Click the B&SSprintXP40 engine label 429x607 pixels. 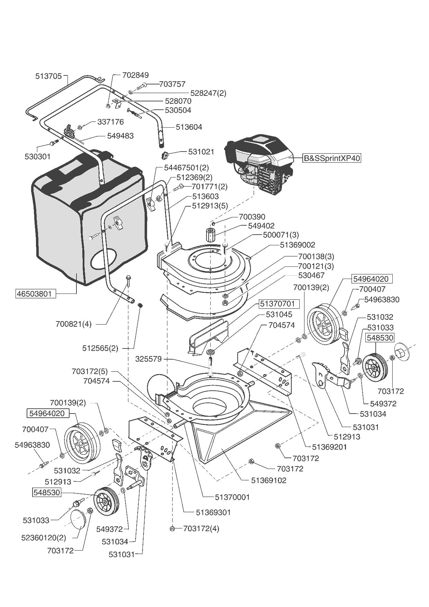tap(332, 158)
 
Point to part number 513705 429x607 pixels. tap(48, 76)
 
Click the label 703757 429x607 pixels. tap(172, 84)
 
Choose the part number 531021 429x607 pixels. tap(201, 152)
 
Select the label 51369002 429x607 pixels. tap(298, 245)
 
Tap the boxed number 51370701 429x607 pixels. tap(277, 304)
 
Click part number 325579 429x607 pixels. tap(148, 359)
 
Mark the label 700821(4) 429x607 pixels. tap(73, 324)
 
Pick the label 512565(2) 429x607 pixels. tap(100, 348)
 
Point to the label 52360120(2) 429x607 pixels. tap(44, 537)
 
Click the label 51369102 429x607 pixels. tap(268, 480)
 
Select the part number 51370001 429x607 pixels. tap(232, 497)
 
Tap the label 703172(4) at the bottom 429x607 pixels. tap(201, 528)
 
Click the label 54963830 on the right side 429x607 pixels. tap(382, 299)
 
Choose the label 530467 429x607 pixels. tap(311, 275)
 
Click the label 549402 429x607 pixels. tap(261, 226)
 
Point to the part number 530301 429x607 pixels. tap(37, 156)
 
